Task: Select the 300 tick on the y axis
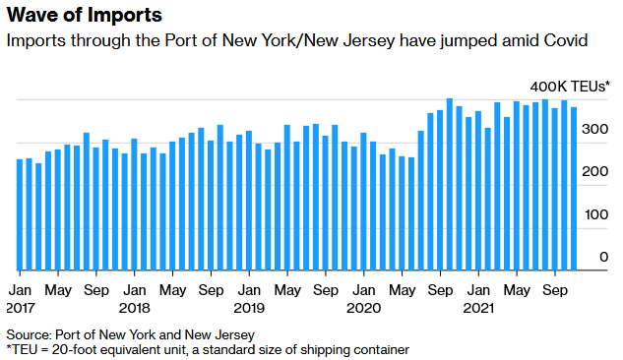596,129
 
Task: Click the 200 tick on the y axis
596,172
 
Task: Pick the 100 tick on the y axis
596,214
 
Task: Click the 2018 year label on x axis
135,307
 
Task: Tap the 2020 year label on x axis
364,307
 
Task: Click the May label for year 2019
287,290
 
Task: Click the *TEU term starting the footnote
23,349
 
